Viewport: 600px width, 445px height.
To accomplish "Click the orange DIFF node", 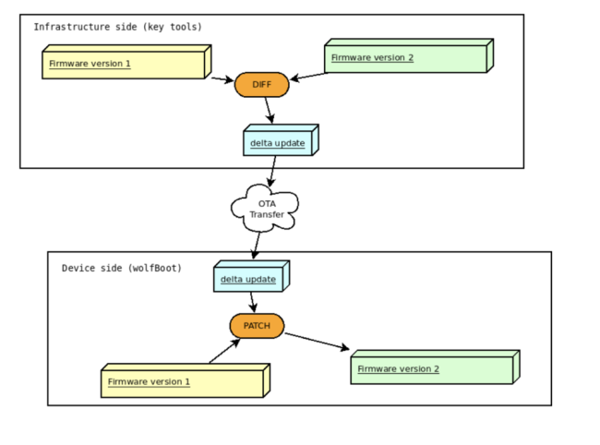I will tap(262, 85).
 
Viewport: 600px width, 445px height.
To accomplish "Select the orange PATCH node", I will tap(257, 325).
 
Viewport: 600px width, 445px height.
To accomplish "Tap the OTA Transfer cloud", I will tap(265, 208).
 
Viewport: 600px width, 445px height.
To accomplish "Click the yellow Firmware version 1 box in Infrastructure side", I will tap(125, 65).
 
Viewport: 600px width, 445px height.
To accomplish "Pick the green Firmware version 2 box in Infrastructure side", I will tap(406, 58).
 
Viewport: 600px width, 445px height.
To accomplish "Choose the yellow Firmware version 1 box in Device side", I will tap(182, 381).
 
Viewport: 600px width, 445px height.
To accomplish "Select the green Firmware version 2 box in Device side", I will tap(432, 369).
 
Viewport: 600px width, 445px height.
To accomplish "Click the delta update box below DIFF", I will tap(279, 142).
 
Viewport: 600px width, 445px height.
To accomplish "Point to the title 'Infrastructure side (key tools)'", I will tap(117, 27).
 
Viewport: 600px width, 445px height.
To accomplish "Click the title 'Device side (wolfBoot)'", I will tap(121, 268).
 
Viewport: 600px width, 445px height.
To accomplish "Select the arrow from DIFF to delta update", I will tap(270, 111).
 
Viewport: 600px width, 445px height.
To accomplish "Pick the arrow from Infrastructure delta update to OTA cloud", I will tap(272, 171).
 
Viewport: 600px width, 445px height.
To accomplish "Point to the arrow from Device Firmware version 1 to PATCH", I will tap(224, 351).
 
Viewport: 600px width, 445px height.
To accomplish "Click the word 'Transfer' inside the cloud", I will tap(266, 215).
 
